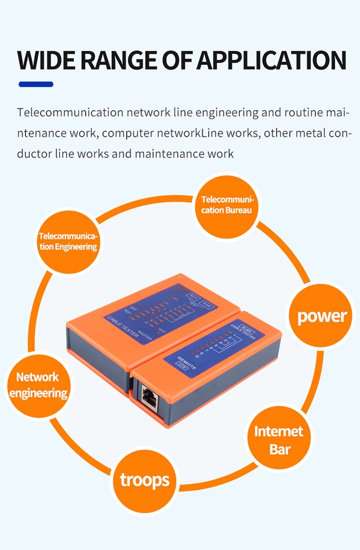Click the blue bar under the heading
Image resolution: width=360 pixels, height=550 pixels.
36,84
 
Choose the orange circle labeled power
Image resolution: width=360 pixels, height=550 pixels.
322,316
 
